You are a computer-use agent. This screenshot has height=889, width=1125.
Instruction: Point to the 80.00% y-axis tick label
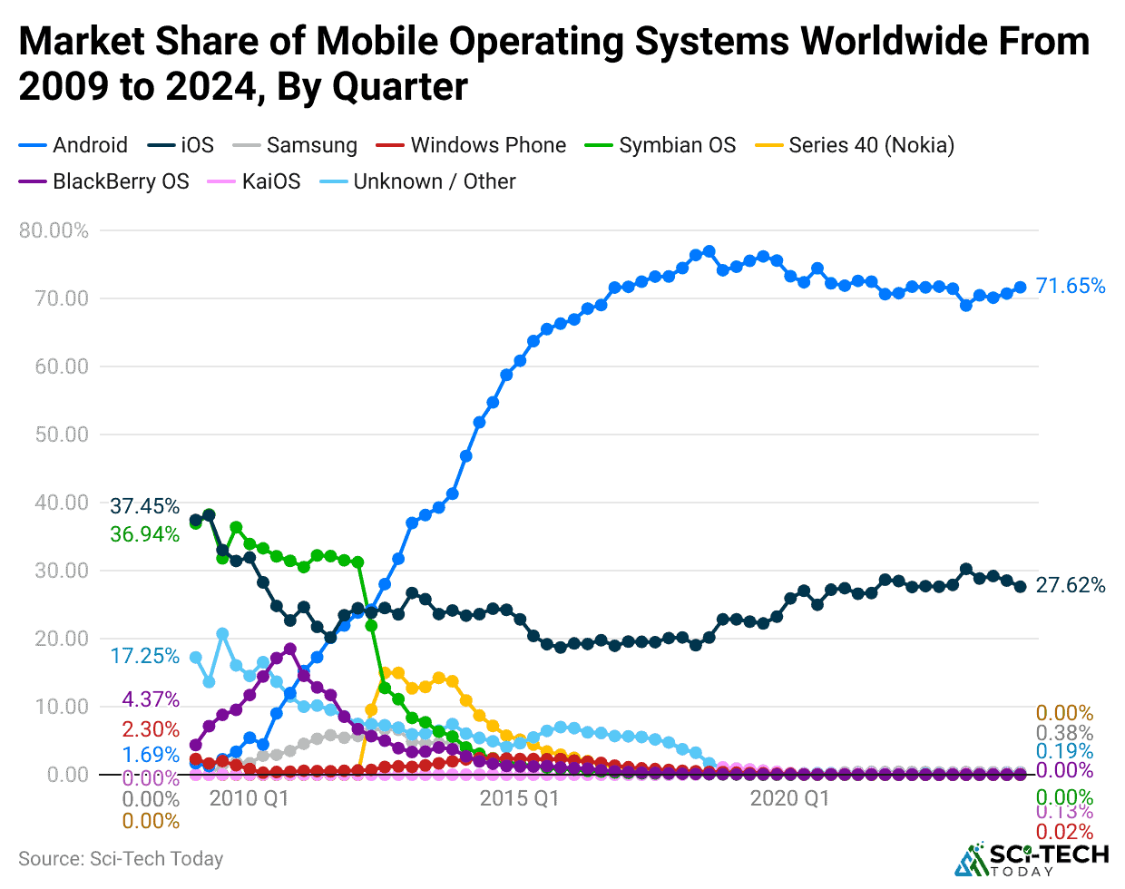[x=54, y=230]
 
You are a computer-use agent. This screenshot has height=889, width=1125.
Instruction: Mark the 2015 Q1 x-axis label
[x=519, y=798]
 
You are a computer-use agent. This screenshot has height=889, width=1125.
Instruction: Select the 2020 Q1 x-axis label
[x=789, y=798]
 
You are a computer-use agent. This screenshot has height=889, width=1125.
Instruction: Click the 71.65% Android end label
[x=1071, y=287]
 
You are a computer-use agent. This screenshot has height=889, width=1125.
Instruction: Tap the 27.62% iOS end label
[x=1071, y=586]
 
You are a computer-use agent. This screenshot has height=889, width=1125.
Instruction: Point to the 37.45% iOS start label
[x=145, y=506]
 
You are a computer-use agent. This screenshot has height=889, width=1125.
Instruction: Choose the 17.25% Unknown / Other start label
[x=145, y=656]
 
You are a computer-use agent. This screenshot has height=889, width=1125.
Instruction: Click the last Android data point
[x=1020, y=288]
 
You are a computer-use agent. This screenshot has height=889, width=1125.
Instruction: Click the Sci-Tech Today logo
[x=1032, y=858]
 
